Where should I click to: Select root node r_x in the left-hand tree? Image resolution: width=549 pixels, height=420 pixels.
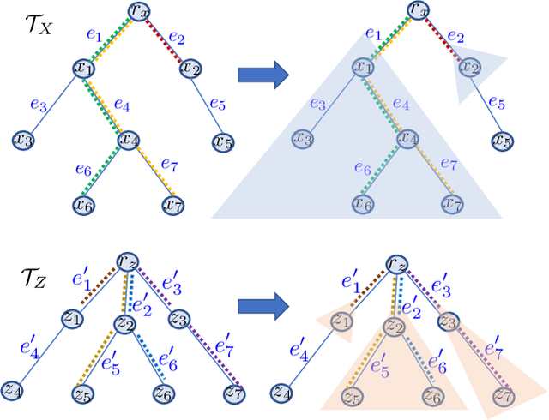[140, 10]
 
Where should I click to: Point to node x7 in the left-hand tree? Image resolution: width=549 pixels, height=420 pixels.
[173, 204]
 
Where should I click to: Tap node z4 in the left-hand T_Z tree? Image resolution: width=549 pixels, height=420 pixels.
[12, 390]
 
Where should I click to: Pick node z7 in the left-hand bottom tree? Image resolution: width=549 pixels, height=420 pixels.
[233, 392]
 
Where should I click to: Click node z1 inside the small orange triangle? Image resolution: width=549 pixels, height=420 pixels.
[341, 321]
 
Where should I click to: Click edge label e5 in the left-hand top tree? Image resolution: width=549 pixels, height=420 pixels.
[218, 105]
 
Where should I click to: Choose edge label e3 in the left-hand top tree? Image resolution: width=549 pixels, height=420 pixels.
[37, 104]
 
